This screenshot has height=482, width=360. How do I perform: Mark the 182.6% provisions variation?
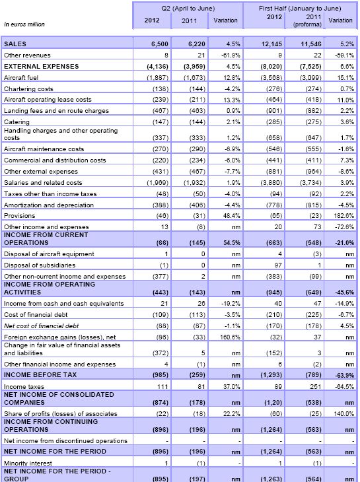click(x=342, y=216)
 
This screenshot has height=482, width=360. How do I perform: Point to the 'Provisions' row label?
click(x=20, y=216)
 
